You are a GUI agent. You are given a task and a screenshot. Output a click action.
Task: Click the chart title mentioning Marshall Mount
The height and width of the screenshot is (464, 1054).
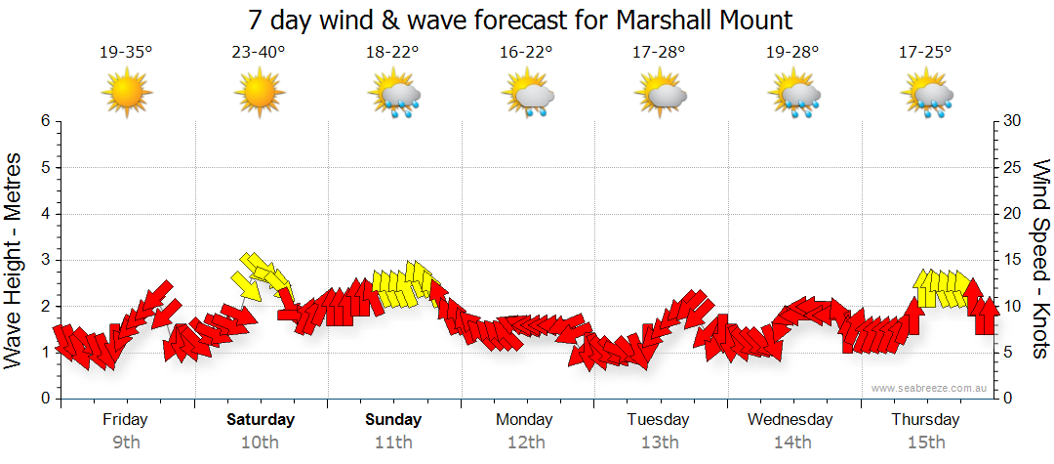pos(520,20)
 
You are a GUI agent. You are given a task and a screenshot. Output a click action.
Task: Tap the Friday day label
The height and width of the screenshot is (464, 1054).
pos(126,419)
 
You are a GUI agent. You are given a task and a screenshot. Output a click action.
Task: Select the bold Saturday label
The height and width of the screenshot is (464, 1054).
pos(261,419)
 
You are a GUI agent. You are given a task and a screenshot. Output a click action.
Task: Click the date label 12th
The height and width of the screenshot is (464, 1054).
pos(526,442)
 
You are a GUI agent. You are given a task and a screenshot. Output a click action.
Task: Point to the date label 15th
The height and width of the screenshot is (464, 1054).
pos(925,442)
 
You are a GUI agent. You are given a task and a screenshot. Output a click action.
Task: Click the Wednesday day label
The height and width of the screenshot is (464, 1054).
pos(790,419)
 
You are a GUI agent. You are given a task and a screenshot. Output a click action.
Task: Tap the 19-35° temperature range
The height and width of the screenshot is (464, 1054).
pos(126,53)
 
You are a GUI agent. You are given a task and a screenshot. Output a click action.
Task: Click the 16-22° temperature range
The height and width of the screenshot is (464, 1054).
pos(526,53)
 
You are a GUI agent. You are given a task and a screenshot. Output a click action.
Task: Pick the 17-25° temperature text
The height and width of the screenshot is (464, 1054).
pos(925,53)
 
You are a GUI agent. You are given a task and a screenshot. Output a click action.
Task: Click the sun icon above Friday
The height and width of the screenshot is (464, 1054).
pos(127,94)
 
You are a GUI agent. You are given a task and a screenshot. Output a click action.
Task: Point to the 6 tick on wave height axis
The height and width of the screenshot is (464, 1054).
pos(44,121)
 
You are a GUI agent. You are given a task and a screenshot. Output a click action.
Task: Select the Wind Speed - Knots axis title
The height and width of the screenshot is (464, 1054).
pos(1040,260)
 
